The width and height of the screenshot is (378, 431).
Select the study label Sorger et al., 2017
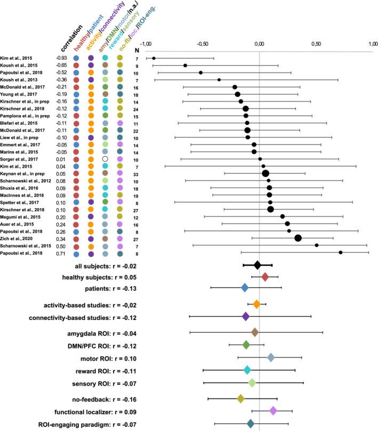click(22, 158)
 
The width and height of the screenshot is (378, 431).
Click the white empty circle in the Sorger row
click(105, 158)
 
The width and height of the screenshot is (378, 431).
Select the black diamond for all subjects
click(258, 265)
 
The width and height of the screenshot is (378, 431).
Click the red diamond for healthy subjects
click(265, 276)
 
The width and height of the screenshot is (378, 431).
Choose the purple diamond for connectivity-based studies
click(246, 316)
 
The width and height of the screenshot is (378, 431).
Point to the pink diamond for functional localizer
click(273, 411)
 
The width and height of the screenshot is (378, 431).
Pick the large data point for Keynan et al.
click(266, 173)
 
